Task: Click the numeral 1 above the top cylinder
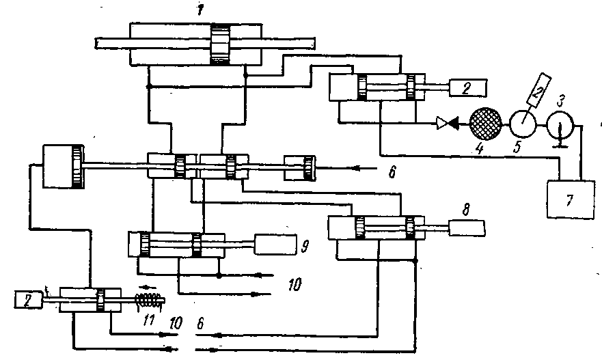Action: tap(200, 10)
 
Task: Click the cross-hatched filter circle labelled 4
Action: tap(486, 123)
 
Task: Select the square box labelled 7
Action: tap(571, 199)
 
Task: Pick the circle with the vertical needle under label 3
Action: tap(560, 126)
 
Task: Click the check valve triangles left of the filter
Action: tap(448, 123)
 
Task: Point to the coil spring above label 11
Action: tap(150, 299)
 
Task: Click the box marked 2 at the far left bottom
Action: tap(29, 299)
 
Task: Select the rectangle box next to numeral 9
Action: tap(275, 244)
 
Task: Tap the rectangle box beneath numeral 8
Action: tap(467, 228)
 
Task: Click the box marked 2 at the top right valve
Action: tap(468, 89)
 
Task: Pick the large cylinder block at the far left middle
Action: tap(63, 166)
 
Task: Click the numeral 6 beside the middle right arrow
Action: tap(392, 172)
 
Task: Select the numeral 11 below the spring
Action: tap(149, 320)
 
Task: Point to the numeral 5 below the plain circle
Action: tap(517, 147)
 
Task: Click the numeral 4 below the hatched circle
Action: tap(479, 148)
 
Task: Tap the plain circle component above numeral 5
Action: tap(523, 124)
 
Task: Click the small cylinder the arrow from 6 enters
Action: tap(300, 168)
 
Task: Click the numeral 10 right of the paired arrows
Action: tap(295, 284)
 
